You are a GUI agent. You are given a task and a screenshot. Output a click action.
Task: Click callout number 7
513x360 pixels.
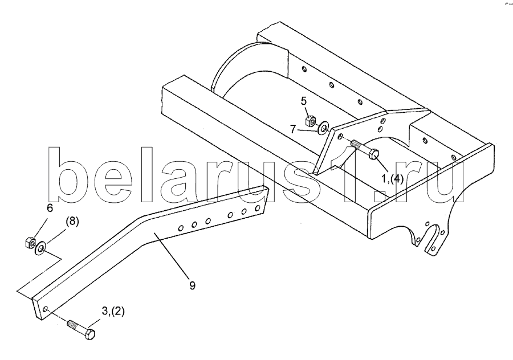pyautogui.click(x=292, y=129)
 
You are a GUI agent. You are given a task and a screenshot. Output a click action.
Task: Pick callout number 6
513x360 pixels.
pyautogui.click(x=50, y=208)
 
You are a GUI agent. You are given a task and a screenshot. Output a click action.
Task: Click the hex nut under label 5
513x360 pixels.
pyautogui.click(x=311, y=121)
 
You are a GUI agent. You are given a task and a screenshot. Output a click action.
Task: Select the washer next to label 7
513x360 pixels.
pyautogui.click(x=323, y=127)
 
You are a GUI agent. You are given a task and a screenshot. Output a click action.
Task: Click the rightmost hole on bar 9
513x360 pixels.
pyautogui.click(x=260, y=207)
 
